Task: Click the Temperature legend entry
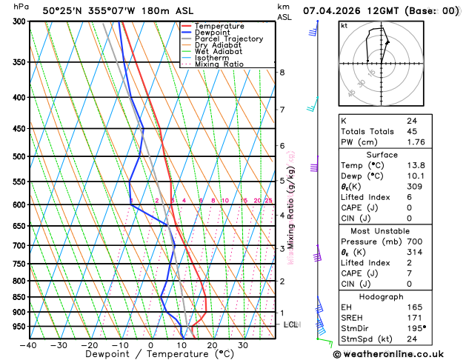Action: coord(220,26)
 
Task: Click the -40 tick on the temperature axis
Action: coord(29,345)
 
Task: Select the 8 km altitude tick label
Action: coord(282,73)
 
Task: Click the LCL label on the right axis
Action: coord(291,325)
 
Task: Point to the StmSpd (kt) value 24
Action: coord(411,339)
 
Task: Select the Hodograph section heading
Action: coord(382,296)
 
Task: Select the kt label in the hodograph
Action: coord(344,25)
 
